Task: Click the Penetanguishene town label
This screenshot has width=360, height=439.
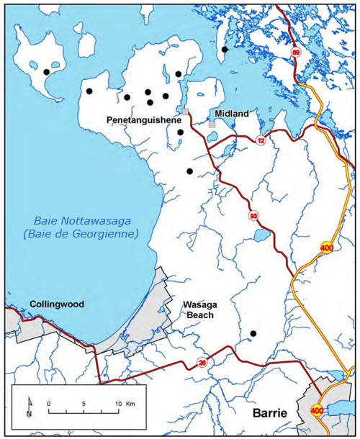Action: pyautogui.click(x=144, y=120)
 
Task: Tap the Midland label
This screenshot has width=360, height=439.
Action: pyautogui.click(x=230, y=114)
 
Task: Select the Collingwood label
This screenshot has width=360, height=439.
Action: pyautogui.click(x=57, y=304)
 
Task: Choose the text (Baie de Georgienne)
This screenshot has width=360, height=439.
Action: pyautogui.click(x=80, y=234)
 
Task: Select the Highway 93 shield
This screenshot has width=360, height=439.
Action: pyautogui.click(x=253, y=215)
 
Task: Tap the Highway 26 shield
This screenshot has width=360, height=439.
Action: pyautogui.click(x=203, y=362)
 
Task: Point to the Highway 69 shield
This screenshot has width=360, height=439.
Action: pyautogui.click(x=295, y=53)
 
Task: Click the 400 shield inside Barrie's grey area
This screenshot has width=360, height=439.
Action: pyautogui.click(x=317, y=410)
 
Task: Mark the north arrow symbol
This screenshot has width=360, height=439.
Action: pyautogui.click(x=28, y=407)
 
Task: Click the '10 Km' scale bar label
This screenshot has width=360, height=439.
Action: pyautogui.click(x=124, y=404)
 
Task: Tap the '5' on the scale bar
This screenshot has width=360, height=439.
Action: pyautogui.click(x=84, y=404)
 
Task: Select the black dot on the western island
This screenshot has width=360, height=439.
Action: pyautogui.click(x=47, y=72)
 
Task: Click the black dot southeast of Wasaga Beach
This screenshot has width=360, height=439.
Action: pyautogui.click(x=253, y=333)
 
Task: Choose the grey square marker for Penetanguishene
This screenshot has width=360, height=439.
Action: pyautogui.click(x=185, y=112)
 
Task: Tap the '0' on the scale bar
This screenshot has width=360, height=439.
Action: pyautogui.click(x=49, y=404)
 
